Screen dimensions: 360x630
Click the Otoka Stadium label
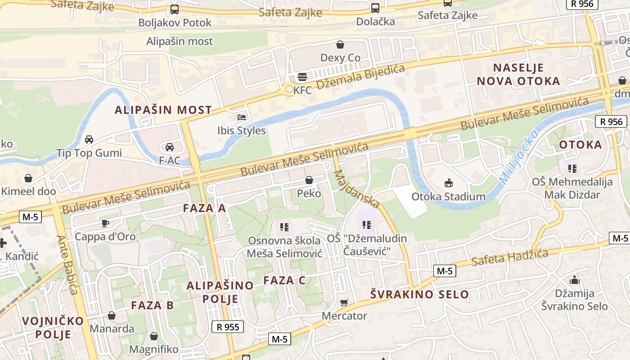coord(448,197)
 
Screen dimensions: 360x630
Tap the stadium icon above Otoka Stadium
coord(448,183)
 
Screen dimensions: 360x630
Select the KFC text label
coord(302,90)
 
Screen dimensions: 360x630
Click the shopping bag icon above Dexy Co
coord(340,45)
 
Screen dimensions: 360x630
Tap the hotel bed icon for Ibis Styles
coord(242,117)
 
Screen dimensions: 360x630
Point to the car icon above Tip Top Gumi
coord(89,139)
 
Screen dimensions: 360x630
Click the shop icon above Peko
coord(309,180)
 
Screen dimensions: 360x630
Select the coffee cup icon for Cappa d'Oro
coord(105,223)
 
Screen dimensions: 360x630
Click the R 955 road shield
coord(228,327)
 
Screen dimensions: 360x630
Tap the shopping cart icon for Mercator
coord(344,303)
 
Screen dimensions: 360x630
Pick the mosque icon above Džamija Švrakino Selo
coord(574,280)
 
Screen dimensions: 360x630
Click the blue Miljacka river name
coord(518,157)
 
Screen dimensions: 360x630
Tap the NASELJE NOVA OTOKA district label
coord(518,75)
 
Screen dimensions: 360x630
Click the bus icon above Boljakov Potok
coord(175,9)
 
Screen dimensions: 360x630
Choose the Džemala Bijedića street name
coord(360,77)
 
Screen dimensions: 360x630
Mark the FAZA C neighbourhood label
coord(284,280)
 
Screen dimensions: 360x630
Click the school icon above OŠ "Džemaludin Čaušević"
coord(366,225)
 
